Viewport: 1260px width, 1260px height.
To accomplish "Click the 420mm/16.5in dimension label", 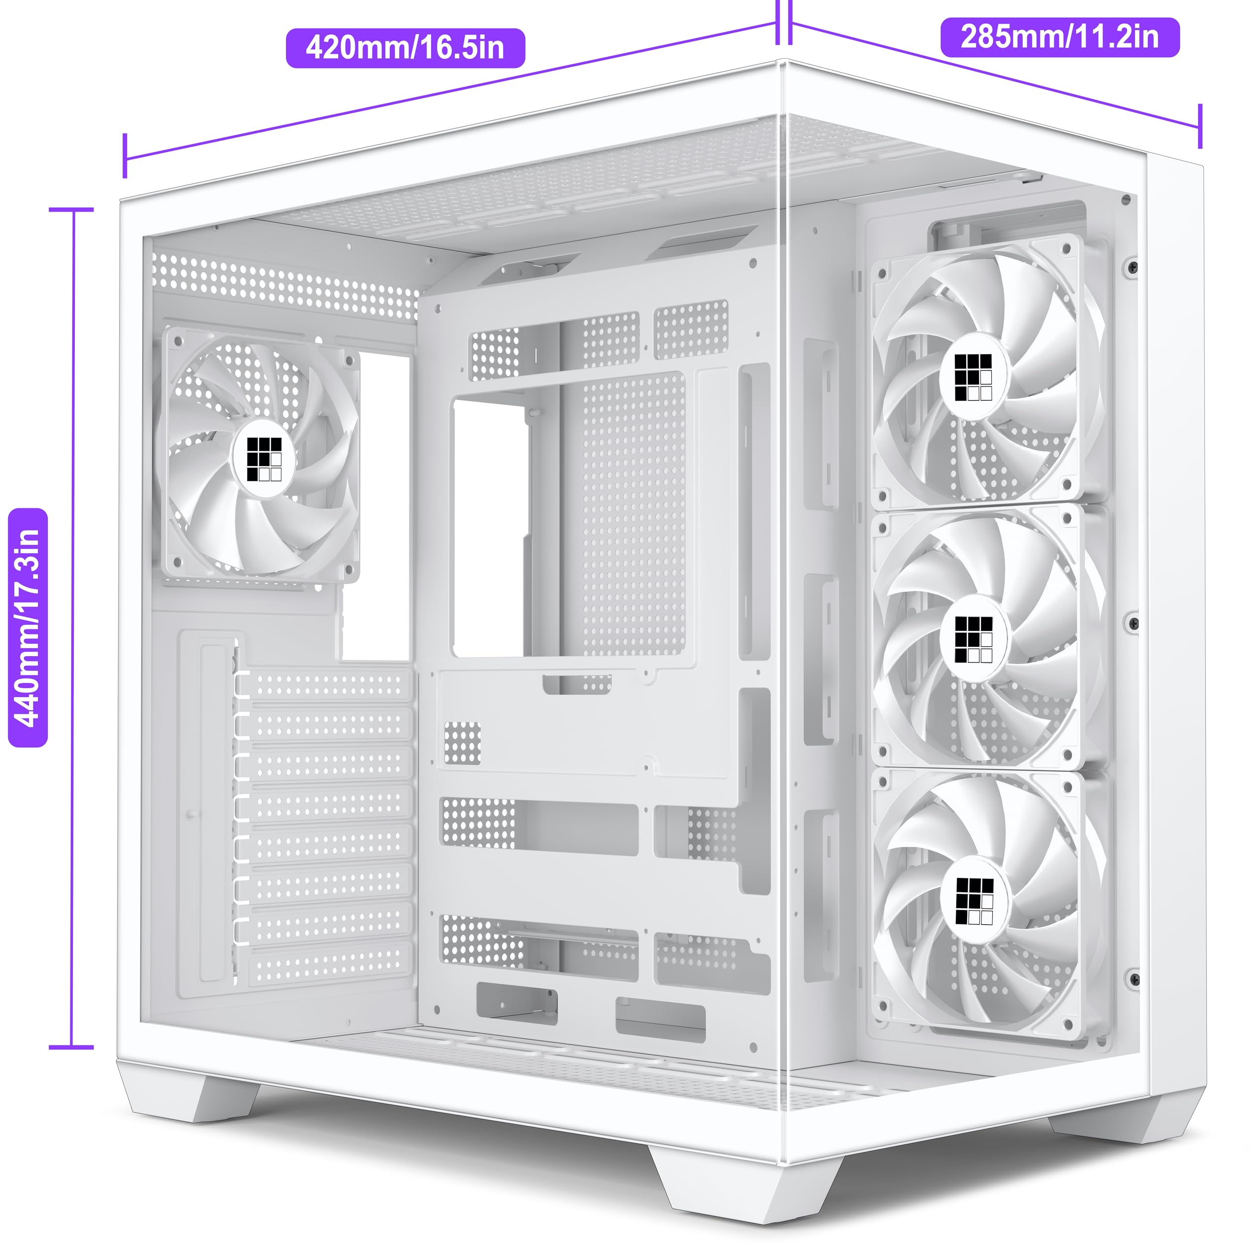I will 405,48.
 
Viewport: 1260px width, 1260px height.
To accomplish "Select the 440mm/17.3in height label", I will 28,628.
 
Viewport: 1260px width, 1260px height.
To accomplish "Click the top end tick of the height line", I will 72,210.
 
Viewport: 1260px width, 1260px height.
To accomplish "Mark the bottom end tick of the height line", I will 72,1047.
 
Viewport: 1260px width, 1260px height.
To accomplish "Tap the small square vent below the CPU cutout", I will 462,743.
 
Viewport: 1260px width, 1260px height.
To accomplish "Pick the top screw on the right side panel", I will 1134,267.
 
